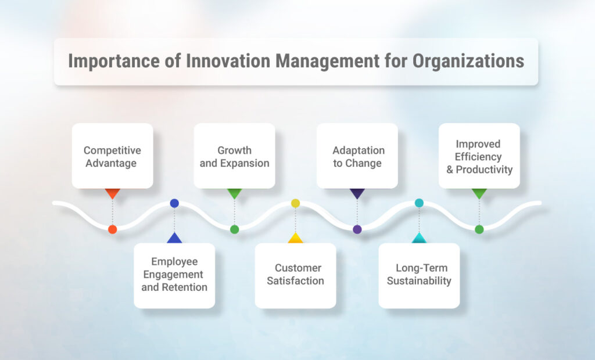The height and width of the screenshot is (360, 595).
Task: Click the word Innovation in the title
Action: pos(228,61)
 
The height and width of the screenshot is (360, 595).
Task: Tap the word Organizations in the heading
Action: pos(468,62)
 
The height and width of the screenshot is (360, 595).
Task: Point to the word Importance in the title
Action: pos(114,62)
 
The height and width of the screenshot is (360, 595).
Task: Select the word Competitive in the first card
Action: pos(112,150)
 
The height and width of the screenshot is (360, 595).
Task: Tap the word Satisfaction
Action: pos(295,280)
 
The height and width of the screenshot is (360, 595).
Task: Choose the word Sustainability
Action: pos(419,281)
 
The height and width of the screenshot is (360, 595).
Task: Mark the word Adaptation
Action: pos(359,150)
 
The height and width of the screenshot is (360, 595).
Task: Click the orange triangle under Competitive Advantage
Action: pos(112,193)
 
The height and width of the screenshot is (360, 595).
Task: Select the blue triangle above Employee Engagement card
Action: pos(174,238)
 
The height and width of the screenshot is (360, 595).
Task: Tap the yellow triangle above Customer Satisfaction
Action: pos(296,238)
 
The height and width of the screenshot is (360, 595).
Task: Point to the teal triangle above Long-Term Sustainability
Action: pos(420,238)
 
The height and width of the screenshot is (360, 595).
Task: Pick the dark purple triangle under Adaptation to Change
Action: pos(357,193)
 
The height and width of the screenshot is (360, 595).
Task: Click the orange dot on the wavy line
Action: pos(112,229)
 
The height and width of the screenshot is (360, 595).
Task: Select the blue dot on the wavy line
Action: pos(174,203)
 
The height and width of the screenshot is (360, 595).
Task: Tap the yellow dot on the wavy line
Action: pos(296,203)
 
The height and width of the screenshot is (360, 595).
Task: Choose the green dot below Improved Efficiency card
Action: pos(479,229)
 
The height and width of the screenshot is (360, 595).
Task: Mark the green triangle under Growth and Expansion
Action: pos(235,193)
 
